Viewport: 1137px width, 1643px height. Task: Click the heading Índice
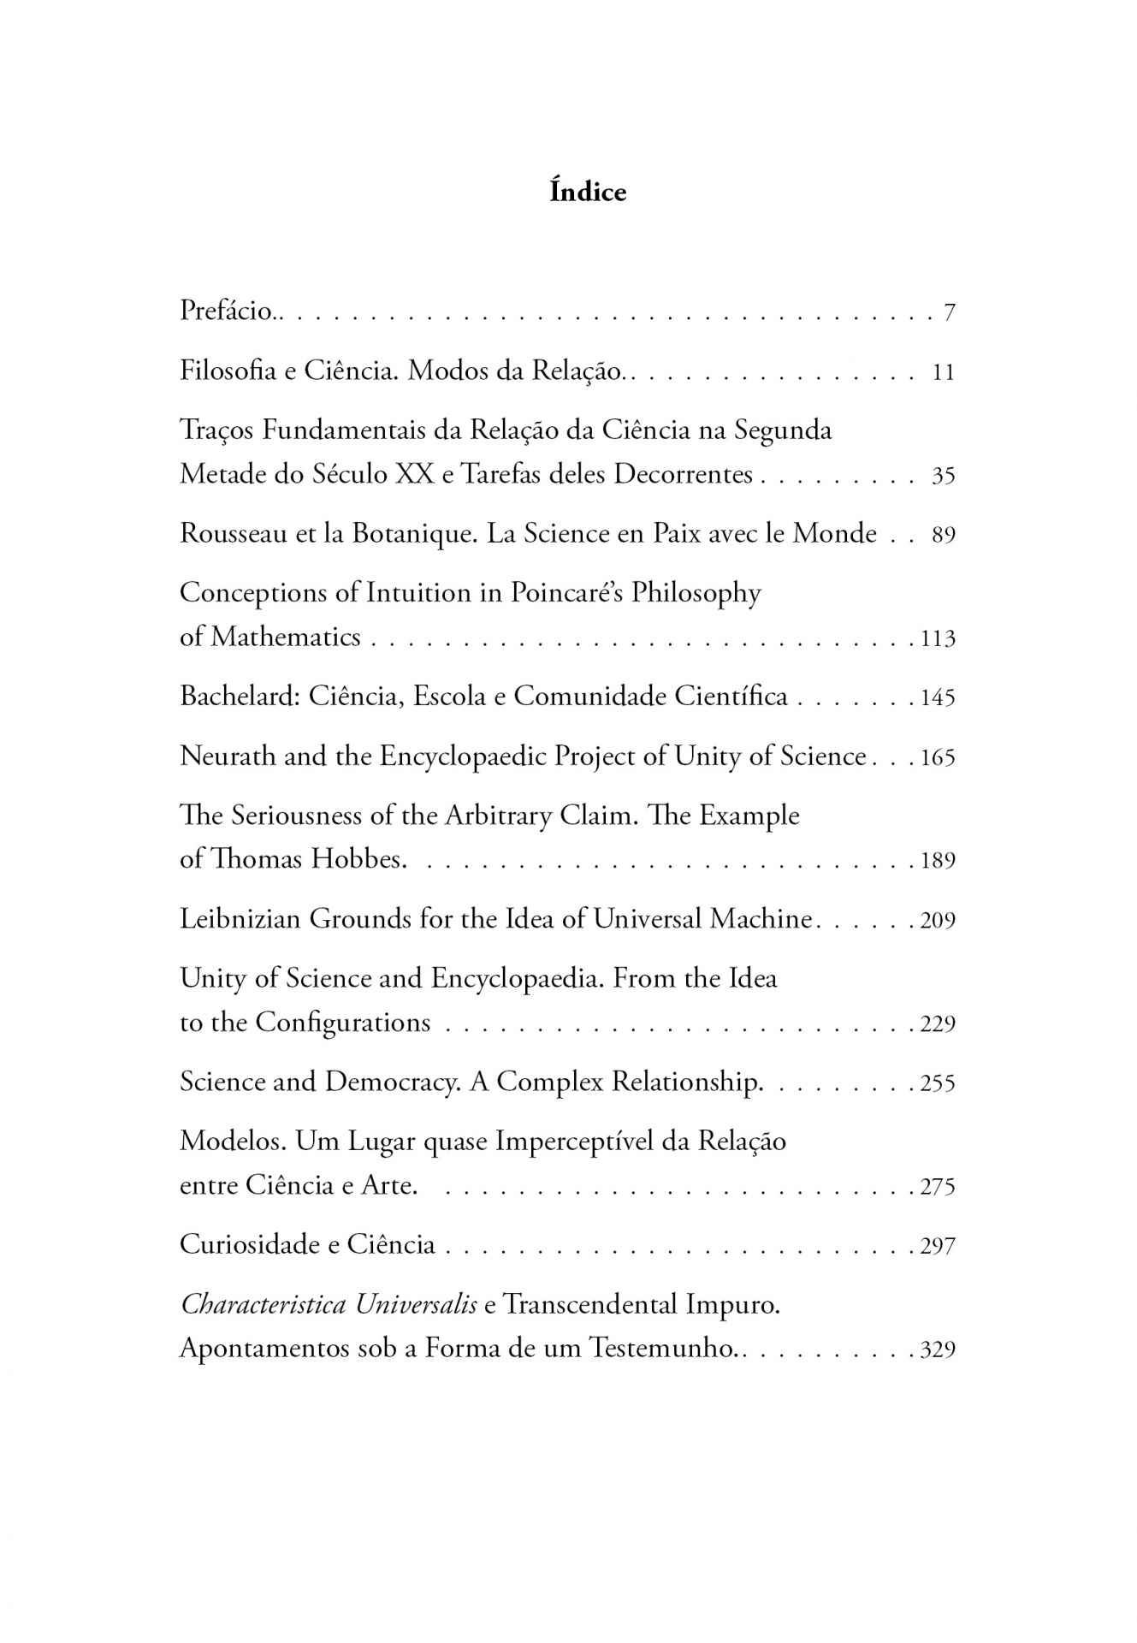point(587,192)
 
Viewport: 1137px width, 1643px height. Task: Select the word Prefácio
point(226,311)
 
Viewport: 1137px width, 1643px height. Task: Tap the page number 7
point(949,313)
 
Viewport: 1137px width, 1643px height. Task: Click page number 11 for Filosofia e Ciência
point(943,373)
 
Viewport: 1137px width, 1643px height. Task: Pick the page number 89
point(943,536)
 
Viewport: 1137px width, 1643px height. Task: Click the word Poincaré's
point(567,593)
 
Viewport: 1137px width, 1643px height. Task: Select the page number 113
point(938,639)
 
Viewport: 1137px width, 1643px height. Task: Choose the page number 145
point(938,698)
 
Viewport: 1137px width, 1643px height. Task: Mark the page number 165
point(938,758)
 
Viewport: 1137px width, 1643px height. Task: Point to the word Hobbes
point(357,859)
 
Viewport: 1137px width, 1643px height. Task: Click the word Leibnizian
point(240,919)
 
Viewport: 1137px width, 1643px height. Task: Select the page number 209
point(938,922)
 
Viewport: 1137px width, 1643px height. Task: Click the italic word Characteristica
point(263,1305)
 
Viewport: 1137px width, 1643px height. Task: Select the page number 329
point(938,1351)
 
